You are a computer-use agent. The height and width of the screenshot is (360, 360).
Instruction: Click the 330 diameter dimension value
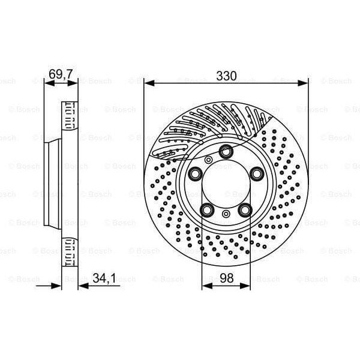click(x=226, y=76)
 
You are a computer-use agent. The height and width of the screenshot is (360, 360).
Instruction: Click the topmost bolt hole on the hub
click(x=226, y=152)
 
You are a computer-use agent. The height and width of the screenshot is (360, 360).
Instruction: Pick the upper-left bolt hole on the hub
click(x=196, y=174)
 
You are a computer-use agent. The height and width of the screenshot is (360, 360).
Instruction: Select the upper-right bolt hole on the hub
click(x=257, y=174)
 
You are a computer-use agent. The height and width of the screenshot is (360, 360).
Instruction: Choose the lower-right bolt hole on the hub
click(x=245, y=210)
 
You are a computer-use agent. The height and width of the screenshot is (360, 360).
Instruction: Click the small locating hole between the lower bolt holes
click(x=226, y=215)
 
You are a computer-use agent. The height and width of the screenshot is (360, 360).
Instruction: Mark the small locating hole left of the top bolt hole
click(x=208, y=160)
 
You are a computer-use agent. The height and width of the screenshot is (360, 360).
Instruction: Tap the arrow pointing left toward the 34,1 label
click(x=83, y=286)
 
